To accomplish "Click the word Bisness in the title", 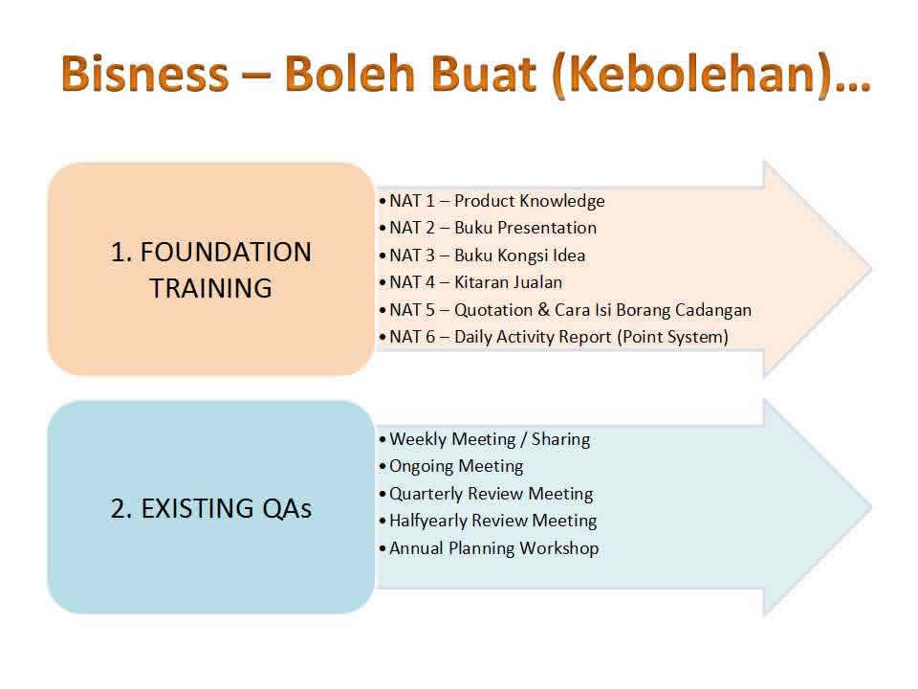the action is coord(144,74).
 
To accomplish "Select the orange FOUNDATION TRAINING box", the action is coord(210,270).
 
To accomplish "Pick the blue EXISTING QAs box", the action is coord(210,507).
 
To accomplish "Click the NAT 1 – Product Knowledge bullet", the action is coord(492,201).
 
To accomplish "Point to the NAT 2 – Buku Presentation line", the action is coord(488,228).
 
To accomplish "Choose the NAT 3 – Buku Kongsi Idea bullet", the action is coord(482,256).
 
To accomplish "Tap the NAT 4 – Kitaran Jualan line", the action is coord(470,282).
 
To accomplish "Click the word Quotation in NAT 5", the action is coord(493,310).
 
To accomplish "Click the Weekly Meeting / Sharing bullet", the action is coord(485,439).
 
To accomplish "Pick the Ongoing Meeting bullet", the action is coord(451,467).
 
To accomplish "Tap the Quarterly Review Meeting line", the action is coord(486,494).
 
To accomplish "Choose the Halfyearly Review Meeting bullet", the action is coord(488,521).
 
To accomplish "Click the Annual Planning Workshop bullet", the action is coord(489,548).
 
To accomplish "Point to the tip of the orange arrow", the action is coord(872,269).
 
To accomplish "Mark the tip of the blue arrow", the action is coord(872,507).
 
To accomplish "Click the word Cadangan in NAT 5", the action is coord(713,310).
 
